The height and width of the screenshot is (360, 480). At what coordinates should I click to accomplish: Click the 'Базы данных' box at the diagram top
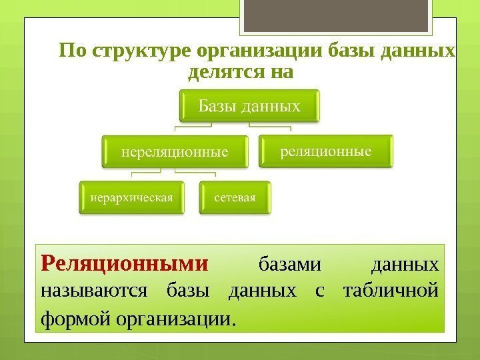click(248, 106)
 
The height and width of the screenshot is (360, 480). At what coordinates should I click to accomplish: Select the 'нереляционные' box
click(174, 152)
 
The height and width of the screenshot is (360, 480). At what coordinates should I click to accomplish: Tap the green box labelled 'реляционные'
click(325, 151)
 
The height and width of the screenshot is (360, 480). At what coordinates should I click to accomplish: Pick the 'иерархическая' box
click(132, 198)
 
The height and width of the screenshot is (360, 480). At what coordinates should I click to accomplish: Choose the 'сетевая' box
click(235, 198)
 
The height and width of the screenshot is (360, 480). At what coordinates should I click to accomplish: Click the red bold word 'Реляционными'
click(125, 263)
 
